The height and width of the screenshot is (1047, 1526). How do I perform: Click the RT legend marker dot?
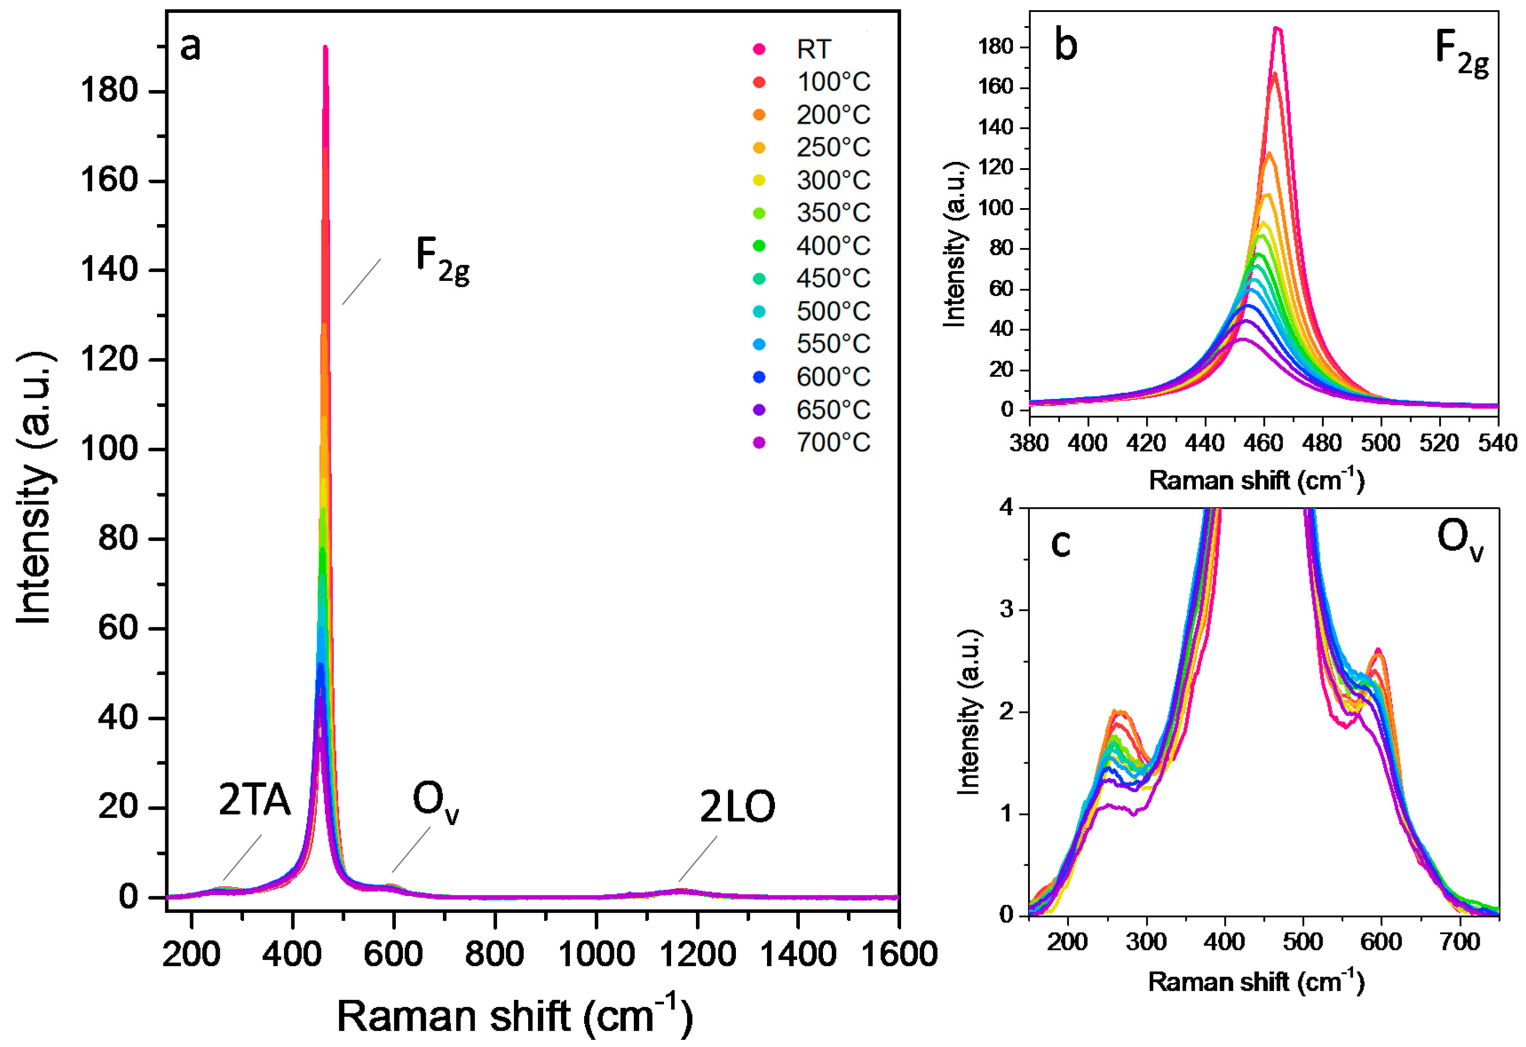pyautogui.click(x=759, y=49)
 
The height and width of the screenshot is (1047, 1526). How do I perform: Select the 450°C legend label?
pyautogui.click(x=833, y=278)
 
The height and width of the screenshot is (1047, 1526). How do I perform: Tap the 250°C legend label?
pyautogui.click(x=833, y=147)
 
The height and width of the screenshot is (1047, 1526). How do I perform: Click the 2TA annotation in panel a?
pyautogui.click(x=254, y=801)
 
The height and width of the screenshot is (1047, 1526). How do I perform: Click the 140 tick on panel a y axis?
pyautogui.click(x=109, y=270)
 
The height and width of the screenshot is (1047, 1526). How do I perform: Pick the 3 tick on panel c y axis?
pyautogui.click(x=1006, y=610)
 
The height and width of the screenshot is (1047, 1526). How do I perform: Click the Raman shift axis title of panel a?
pyautogui.click(x=514, y=1014)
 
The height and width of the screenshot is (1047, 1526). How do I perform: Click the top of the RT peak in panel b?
pyautogui.click(x=1277, y=28)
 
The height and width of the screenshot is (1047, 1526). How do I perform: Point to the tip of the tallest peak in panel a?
pyautogui.click(x=325, y=47)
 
